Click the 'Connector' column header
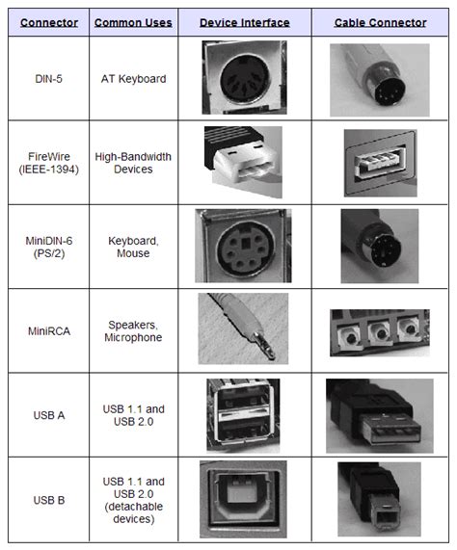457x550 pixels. pyautogui.click(x=48, y=21)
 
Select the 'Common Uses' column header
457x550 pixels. pyautogui.click(x=133, y=21)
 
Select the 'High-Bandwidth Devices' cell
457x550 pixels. pyautogui.click(x=133, y=162)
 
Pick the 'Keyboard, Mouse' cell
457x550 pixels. pyautogui.click(x=133, y=246)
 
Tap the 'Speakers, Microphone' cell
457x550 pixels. pyautogui.click(x=133, y=330)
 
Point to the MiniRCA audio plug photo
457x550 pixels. pyautogui.click(x=242, y=328)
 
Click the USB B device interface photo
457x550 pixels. pyautogui.click(x=242, y=498)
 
